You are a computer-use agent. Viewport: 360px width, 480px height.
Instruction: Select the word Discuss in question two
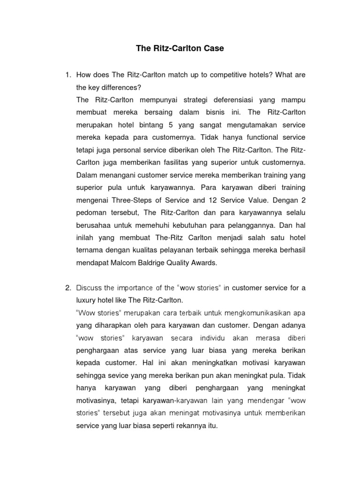89,287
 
